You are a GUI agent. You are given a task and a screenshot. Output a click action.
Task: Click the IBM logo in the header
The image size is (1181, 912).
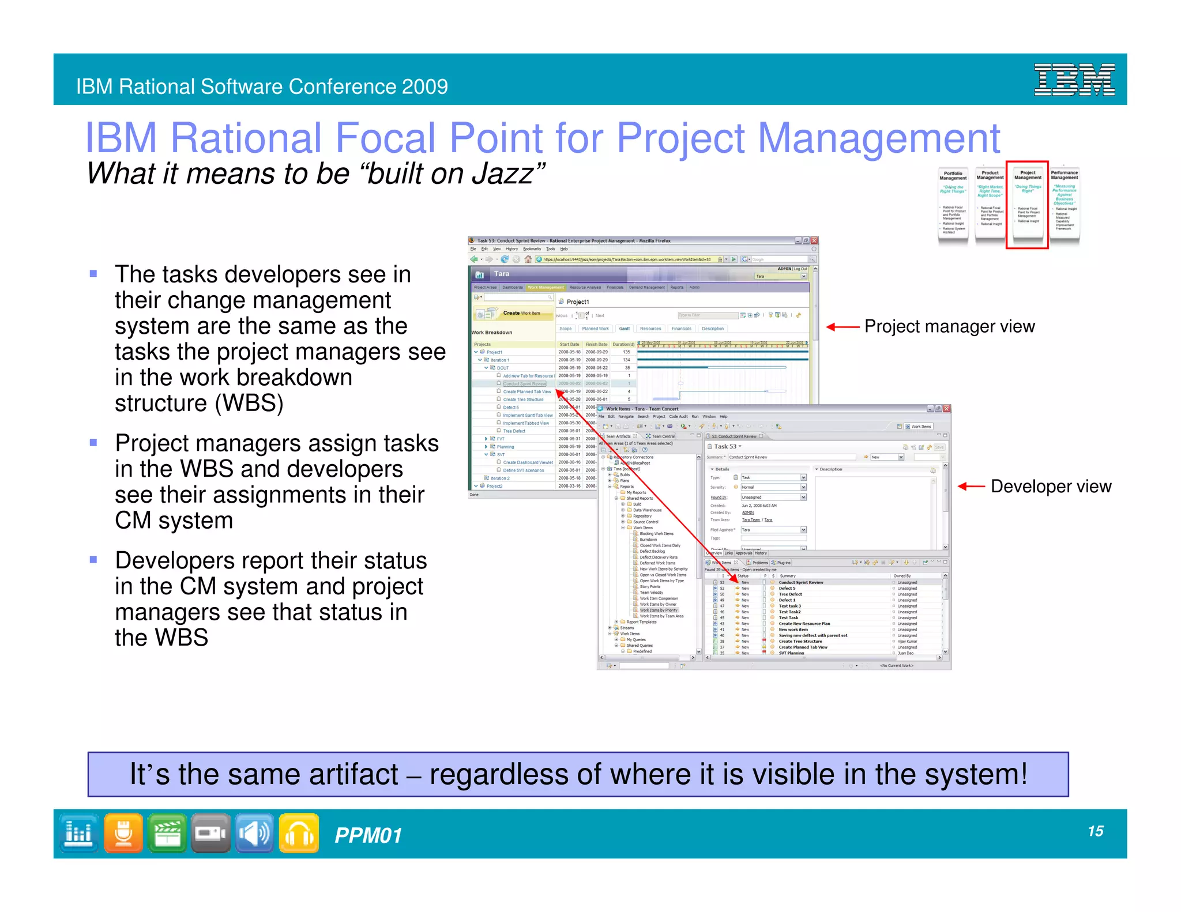(1074, 80)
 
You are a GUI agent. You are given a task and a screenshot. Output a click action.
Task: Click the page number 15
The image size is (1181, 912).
(1095, 831)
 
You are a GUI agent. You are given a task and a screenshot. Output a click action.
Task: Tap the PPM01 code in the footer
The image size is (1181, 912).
(368, 835)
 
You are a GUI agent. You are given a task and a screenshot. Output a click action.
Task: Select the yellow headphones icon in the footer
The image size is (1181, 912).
(299, 833)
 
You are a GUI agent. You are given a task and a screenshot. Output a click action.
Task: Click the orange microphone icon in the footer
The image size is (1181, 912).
(123, 833)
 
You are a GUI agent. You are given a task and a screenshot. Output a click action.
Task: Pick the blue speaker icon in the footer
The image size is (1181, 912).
(254, 833)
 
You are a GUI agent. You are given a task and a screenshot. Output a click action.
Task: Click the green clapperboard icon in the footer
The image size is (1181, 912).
(167, 833)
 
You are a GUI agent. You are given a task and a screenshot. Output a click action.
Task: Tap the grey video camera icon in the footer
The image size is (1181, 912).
(210, 833)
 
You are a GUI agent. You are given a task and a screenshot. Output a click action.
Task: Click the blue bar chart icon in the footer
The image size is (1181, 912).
(78, 833)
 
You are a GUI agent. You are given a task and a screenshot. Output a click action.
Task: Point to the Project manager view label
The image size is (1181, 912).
(949, 326)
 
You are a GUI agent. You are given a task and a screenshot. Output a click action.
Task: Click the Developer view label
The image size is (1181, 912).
(1051, 487)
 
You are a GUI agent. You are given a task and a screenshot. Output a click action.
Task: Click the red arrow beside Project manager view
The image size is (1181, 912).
(843, 327)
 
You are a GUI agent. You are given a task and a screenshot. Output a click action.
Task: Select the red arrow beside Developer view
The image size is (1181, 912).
(971, 487)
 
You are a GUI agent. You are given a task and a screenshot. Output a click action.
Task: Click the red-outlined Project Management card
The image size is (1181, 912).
(1027, 205)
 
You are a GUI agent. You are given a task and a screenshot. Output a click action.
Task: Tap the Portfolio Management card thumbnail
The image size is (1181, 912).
(953, 205)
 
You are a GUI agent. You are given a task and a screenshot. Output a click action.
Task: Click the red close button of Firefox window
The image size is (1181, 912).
(814, 240)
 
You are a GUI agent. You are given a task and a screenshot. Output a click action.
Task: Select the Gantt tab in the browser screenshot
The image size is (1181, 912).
(625, 329)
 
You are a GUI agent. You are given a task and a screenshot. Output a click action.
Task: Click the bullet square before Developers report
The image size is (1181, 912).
(93, 559)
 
